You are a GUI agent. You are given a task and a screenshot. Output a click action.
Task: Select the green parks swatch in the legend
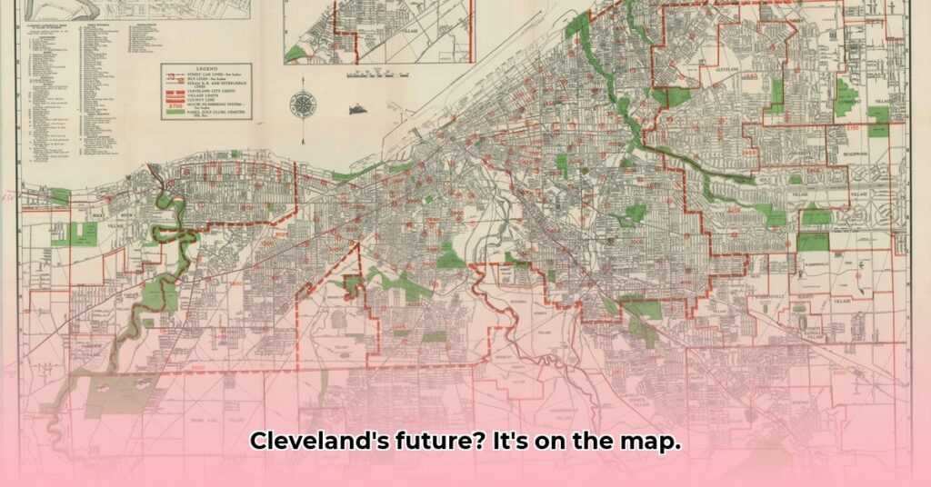pos(174,112)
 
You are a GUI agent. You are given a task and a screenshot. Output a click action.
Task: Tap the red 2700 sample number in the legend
pos(174,105)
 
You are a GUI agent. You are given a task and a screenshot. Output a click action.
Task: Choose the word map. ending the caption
pos(654,442)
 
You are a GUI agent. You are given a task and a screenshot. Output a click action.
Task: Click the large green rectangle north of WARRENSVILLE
pos(813,242)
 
